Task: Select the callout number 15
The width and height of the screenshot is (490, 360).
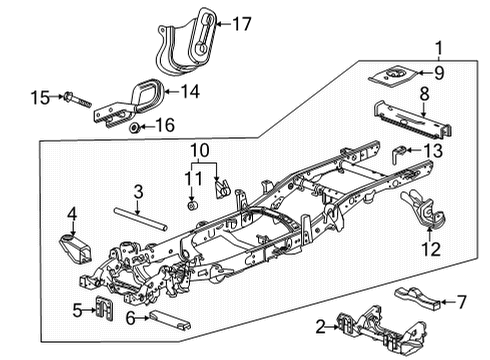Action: (x=39, y=97)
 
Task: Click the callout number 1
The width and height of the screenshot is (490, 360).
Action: (x=438, y=45)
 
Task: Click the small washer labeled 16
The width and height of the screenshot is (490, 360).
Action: (x=133, y=128)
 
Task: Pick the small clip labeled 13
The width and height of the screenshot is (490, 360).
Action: (x=399, y=153)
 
